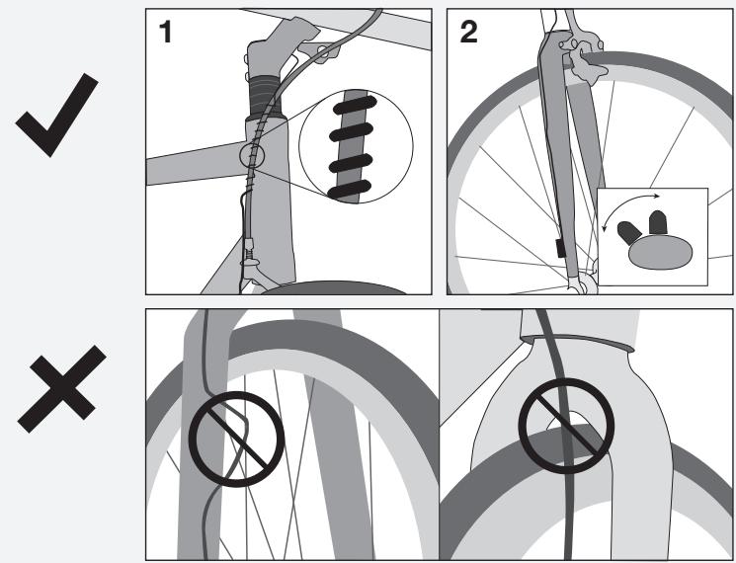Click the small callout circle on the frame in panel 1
click(252, 155)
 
